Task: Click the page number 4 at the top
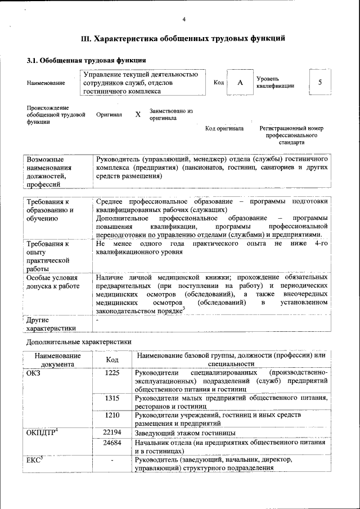pyautogui.click(x=184, y=21)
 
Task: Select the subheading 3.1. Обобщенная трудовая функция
pyautogui.click(x=87, y=60)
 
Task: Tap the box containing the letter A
pyautogui.click(x=240, y=83)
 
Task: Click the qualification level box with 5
pyautogui.click(x=319, y=83)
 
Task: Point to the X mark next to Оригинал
pyautogui.click(x=138, y=114)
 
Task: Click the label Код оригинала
pyautogui.click(x=224, y=129)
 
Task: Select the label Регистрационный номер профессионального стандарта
pyautogui.click(x=291, y=136)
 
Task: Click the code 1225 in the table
pyautogui.click(x=112, y=373)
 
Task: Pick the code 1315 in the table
pyautogui.click(x=112, y=398)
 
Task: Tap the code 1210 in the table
pyautogui.click(x=112, y=416)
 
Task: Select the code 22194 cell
pyautogui.click(x=112, y=433)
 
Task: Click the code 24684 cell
pyautogui.click(x=112, y=443)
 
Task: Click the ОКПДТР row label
pyautogui.click(x=43, y=433)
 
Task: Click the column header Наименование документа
pyautogui.click(x=57, y=359)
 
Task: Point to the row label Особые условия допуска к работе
pyautogui.click(x=52, y=282)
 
